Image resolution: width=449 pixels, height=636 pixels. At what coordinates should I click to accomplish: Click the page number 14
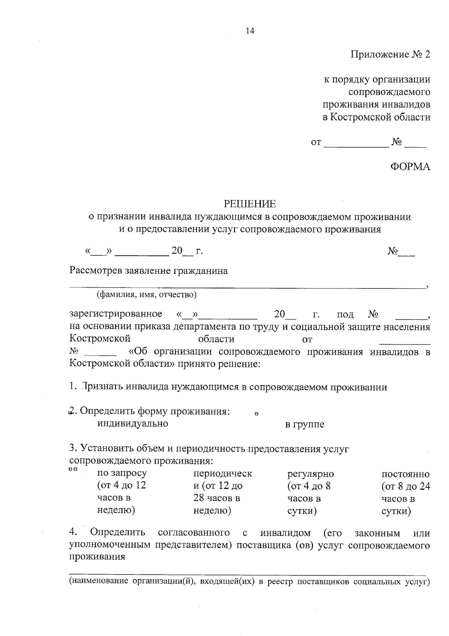tap(250, 31)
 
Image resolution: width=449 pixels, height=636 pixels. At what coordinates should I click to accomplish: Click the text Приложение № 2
tap(390, 55)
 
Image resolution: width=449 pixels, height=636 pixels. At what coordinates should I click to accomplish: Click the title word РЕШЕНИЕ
tap(250, 204)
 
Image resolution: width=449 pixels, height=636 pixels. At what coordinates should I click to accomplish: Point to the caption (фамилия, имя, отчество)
tap(147, 294)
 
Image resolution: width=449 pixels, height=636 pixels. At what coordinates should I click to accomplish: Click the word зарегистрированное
tap(116, 314)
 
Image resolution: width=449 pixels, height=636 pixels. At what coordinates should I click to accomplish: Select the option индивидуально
tap(132, 424)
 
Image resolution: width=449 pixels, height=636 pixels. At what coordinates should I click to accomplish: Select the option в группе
tap(305, 424)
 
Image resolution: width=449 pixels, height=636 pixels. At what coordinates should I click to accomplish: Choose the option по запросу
tap(122, 473)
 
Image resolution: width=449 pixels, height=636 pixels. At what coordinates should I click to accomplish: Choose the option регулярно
tap(311, 474)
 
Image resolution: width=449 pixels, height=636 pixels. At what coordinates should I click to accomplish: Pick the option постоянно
tap(406, 474)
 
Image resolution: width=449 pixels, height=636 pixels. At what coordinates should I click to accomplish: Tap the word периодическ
tap(223, 473)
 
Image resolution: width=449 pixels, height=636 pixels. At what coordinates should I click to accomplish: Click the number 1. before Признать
tap(73, 387)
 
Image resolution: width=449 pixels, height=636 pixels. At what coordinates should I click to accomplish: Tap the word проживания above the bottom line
tap(97, 557)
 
